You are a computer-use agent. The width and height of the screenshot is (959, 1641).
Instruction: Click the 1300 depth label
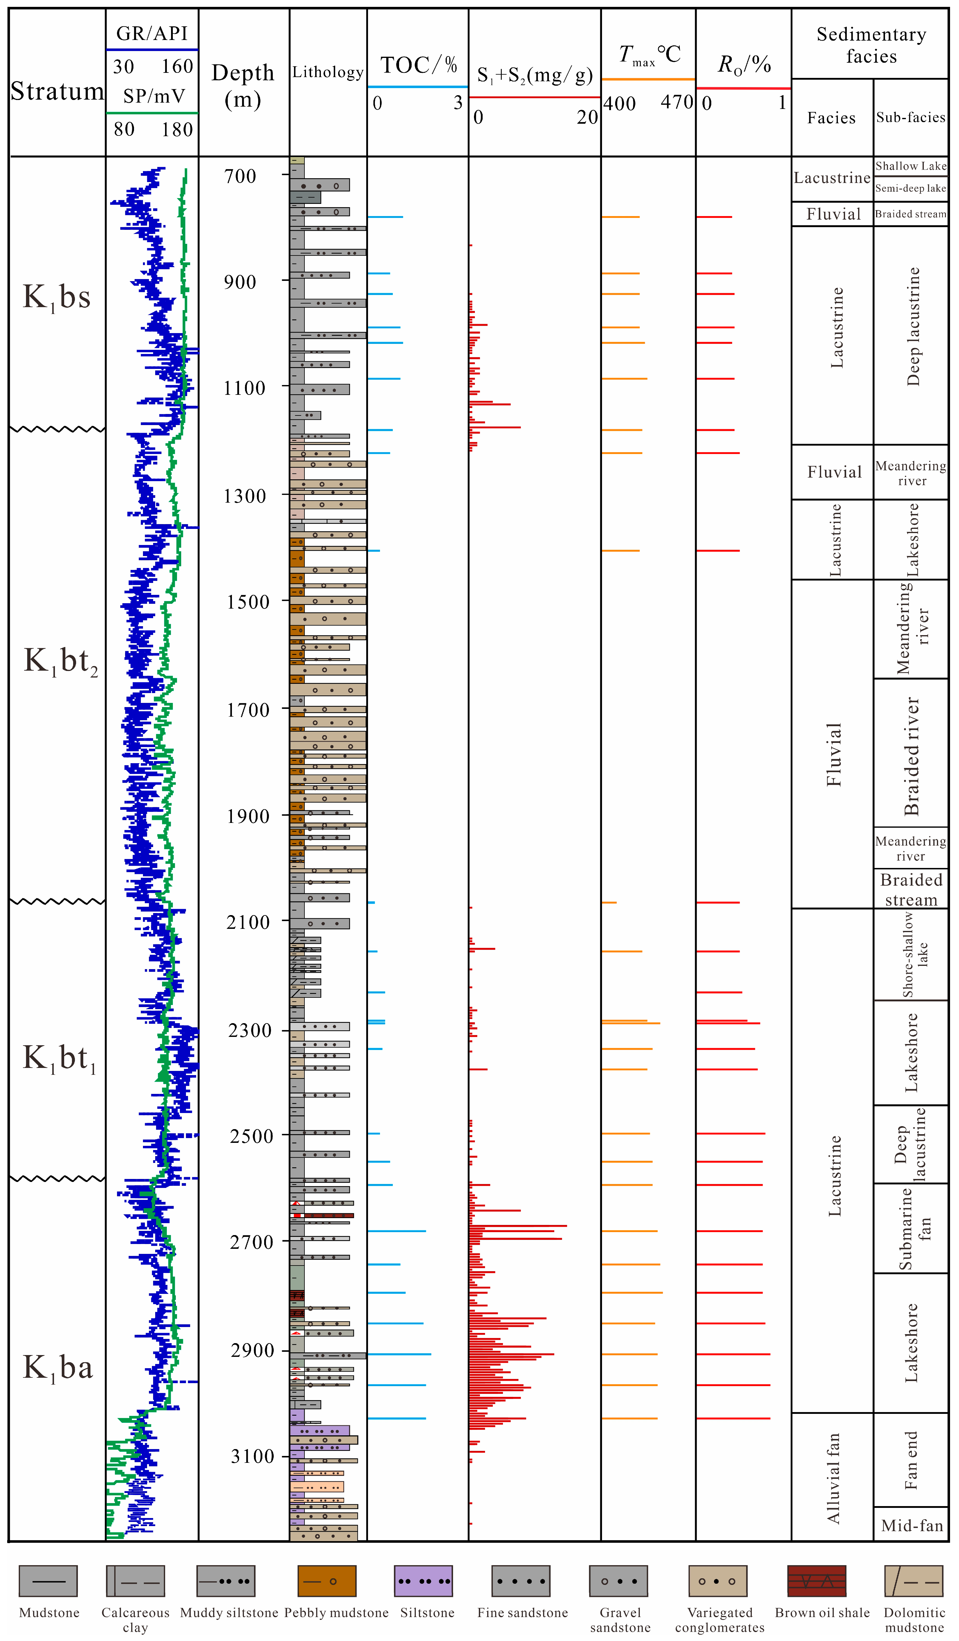tap(245, 496)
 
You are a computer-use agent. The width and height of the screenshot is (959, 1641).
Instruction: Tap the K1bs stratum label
tap(57, 298)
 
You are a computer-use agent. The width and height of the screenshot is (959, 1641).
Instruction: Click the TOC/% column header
tap(419, 65)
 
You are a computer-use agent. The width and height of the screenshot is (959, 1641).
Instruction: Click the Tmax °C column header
tap(649, 55)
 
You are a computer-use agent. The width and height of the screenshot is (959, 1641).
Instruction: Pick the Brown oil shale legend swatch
tap(816, 1582)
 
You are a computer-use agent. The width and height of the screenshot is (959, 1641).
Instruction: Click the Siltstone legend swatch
tap(423, 1582)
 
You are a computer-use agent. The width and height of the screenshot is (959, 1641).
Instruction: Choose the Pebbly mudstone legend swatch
tap(327, 1582)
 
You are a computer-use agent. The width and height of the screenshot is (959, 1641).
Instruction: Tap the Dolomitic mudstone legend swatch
tap(913, 1582)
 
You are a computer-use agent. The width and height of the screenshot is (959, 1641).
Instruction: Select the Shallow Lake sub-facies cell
tap(911, 166)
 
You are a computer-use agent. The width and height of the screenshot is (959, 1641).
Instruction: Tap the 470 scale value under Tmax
tap(677, 102)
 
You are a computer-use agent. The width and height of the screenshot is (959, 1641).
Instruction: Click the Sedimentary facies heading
tap(871, 45)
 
